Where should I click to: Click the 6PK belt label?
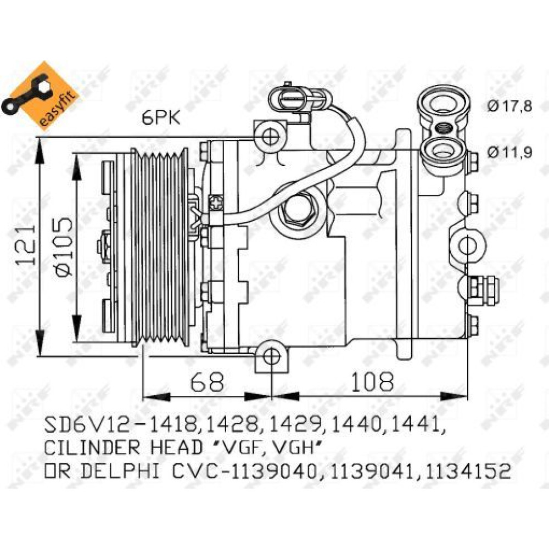161,117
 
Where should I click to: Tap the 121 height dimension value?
26,244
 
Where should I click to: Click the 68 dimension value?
208,382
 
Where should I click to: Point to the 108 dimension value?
372,382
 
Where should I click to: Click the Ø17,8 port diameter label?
510,106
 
